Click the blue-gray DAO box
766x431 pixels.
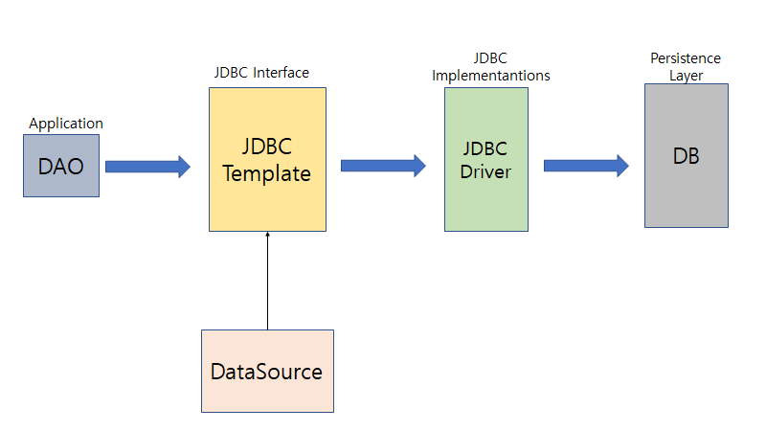61,166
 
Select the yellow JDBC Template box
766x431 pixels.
267,201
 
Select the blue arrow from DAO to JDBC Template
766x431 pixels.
147,167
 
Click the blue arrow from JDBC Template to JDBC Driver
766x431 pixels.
383,166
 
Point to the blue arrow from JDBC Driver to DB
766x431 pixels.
586,166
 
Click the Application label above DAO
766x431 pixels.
66,124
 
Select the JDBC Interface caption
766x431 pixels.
261,73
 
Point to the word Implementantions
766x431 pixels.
491,76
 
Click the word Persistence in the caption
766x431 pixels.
686,59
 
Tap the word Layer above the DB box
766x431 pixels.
685,74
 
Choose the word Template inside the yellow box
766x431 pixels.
267,174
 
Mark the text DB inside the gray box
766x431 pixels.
686,156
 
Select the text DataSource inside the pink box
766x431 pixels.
267,372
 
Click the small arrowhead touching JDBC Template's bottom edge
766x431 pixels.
267,236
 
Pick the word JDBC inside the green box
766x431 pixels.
485,149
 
